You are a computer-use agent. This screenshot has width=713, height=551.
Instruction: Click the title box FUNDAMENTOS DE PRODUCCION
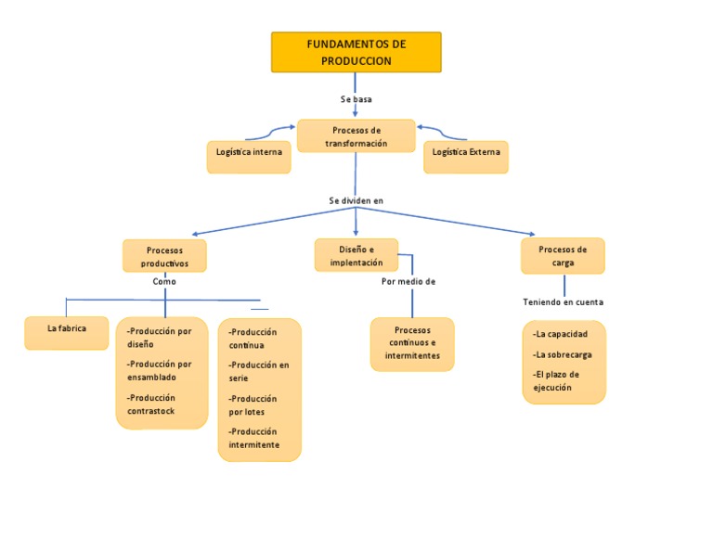[x=356, y=52]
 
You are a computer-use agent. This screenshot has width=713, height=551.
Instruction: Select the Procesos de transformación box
[x=356, y=136]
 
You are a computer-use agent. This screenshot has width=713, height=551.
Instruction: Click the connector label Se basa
[x=356, y=98]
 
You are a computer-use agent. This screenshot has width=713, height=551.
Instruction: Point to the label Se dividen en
[x=356, y=200]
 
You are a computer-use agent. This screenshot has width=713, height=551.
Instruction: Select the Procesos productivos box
[x=164, y=256]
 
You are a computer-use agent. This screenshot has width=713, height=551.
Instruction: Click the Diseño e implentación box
[x=356, y=255]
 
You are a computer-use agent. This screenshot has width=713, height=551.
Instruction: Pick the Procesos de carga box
[x=563, y=255]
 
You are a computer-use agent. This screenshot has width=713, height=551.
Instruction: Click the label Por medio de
[x=408, y=281]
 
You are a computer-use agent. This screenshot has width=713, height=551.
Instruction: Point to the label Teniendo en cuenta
[x=563, y=302]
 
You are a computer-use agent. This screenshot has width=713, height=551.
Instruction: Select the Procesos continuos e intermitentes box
[x=412, y=343]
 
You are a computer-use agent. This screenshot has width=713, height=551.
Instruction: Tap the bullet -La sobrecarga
[x=563, y=354]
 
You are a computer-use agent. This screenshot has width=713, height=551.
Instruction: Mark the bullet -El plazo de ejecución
[x=556, y=381]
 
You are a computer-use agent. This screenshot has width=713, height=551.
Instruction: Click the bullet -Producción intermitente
[x=253, y=438]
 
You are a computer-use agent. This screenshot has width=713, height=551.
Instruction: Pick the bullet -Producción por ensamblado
[x=159, y=371]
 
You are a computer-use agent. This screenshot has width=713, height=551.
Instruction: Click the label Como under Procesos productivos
[x=164, y=281]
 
